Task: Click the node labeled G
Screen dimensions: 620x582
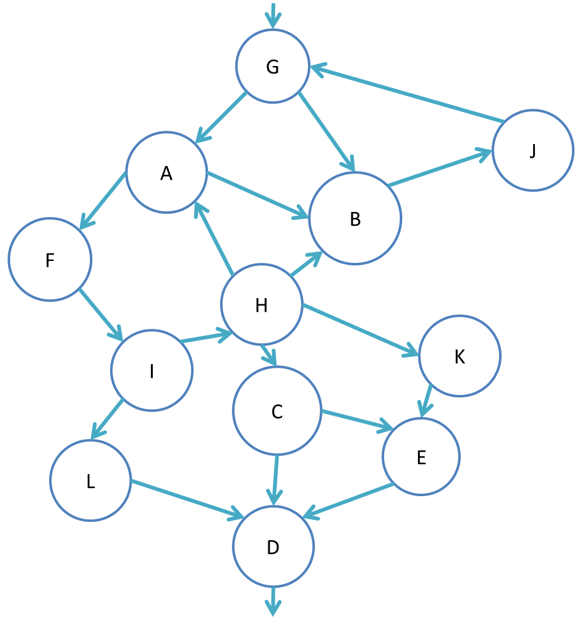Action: [273, 66]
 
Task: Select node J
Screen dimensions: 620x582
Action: [532, 151]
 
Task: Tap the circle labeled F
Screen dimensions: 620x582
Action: [50, 259]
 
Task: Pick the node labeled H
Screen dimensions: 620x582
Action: [261, 305]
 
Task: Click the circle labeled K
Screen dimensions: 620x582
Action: [459, 356]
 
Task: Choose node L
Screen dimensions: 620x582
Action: [91, 480]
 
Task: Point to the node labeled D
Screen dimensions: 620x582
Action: [273, 547]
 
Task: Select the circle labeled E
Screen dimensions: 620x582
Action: [421, 456]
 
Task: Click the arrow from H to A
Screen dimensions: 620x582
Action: [214, 239]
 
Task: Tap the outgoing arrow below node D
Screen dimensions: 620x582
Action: [273, 601]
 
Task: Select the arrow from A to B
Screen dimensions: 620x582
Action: [258, 196]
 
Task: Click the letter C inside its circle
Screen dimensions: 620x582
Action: [277, 412]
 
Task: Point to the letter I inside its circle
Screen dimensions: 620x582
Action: [151, 372]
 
